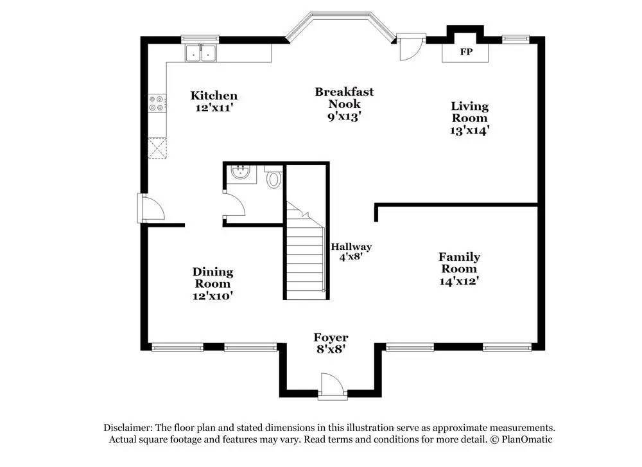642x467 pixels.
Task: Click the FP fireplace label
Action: pos(466,52)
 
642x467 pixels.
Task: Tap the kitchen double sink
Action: pos(200,53)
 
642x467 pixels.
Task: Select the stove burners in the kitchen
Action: pos(158,103)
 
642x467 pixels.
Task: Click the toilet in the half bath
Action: pos(273,177)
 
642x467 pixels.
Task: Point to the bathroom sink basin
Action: pos(241,172)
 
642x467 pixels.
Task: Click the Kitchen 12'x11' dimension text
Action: pos(214,108)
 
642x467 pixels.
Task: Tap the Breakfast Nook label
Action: pos(344,98)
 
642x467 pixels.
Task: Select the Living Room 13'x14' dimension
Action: pos(470,130)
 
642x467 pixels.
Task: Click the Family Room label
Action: pos(459,263)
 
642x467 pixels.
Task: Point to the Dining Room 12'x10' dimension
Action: pos(213,295)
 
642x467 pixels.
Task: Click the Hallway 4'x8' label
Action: pos(351,252)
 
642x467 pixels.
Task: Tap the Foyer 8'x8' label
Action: pos(331,343)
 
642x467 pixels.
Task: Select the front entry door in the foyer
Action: pos(333,385)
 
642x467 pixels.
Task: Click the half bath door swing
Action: pos(234,204)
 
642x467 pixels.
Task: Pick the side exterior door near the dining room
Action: pos(152,208)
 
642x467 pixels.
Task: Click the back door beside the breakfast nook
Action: pos(411,47)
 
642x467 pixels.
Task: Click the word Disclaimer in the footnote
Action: pos(128,428)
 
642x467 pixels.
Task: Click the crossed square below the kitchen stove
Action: pos(158,148)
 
